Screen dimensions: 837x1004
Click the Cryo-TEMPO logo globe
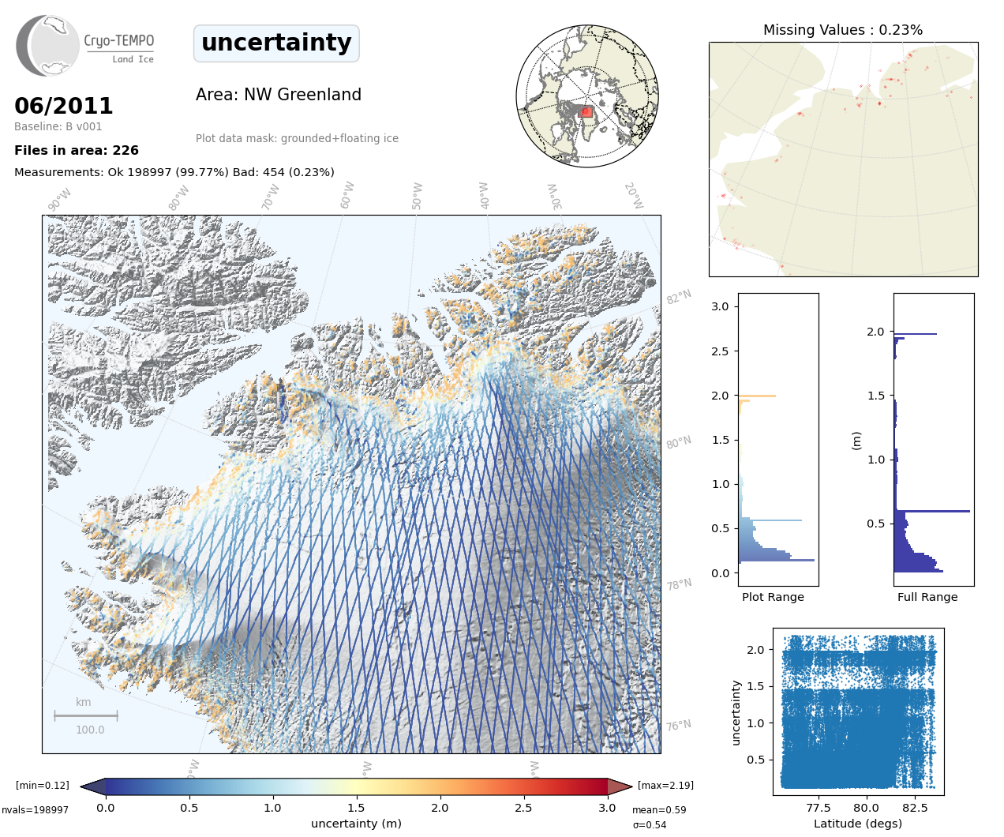(x=49, y=46)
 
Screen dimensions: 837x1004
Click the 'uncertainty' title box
(x=276, y=43)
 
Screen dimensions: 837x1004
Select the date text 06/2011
(x=64, y=106)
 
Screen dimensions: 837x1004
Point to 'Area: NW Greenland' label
(x=279, y=95)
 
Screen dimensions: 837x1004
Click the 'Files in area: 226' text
(x=77, y=150)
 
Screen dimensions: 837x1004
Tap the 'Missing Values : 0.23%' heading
(x=842, y=30)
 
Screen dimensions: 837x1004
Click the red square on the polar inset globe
(x=586, y=111)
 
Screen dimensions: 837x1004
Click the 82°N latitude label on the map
(x=679, y=297)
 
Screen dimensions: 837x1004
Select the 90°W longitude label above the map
(x=59, y=199)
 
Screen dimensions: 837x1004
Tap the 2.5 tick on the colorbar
(x=523, y=808)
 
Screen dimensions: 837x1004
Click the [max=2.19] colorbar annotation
(x=665, y=785)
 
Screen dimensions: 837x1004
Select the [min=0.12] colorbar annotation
(x=43, y=785)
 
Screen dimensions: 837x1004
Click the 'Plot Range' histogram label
(x=773, y=597)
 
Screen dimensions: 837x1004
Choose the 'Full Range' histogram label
(x=927, y=597)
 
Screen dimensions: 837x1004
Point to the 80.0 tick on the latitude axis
(x=866, y=808)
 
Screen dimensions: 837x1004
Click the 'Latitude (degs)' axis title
(x=858, y=824)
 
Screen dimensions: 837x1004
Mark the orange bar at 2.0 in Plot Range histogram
(x=758, y=396)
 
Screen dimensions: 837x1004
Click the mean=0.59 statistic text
(x=659, y=810)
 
